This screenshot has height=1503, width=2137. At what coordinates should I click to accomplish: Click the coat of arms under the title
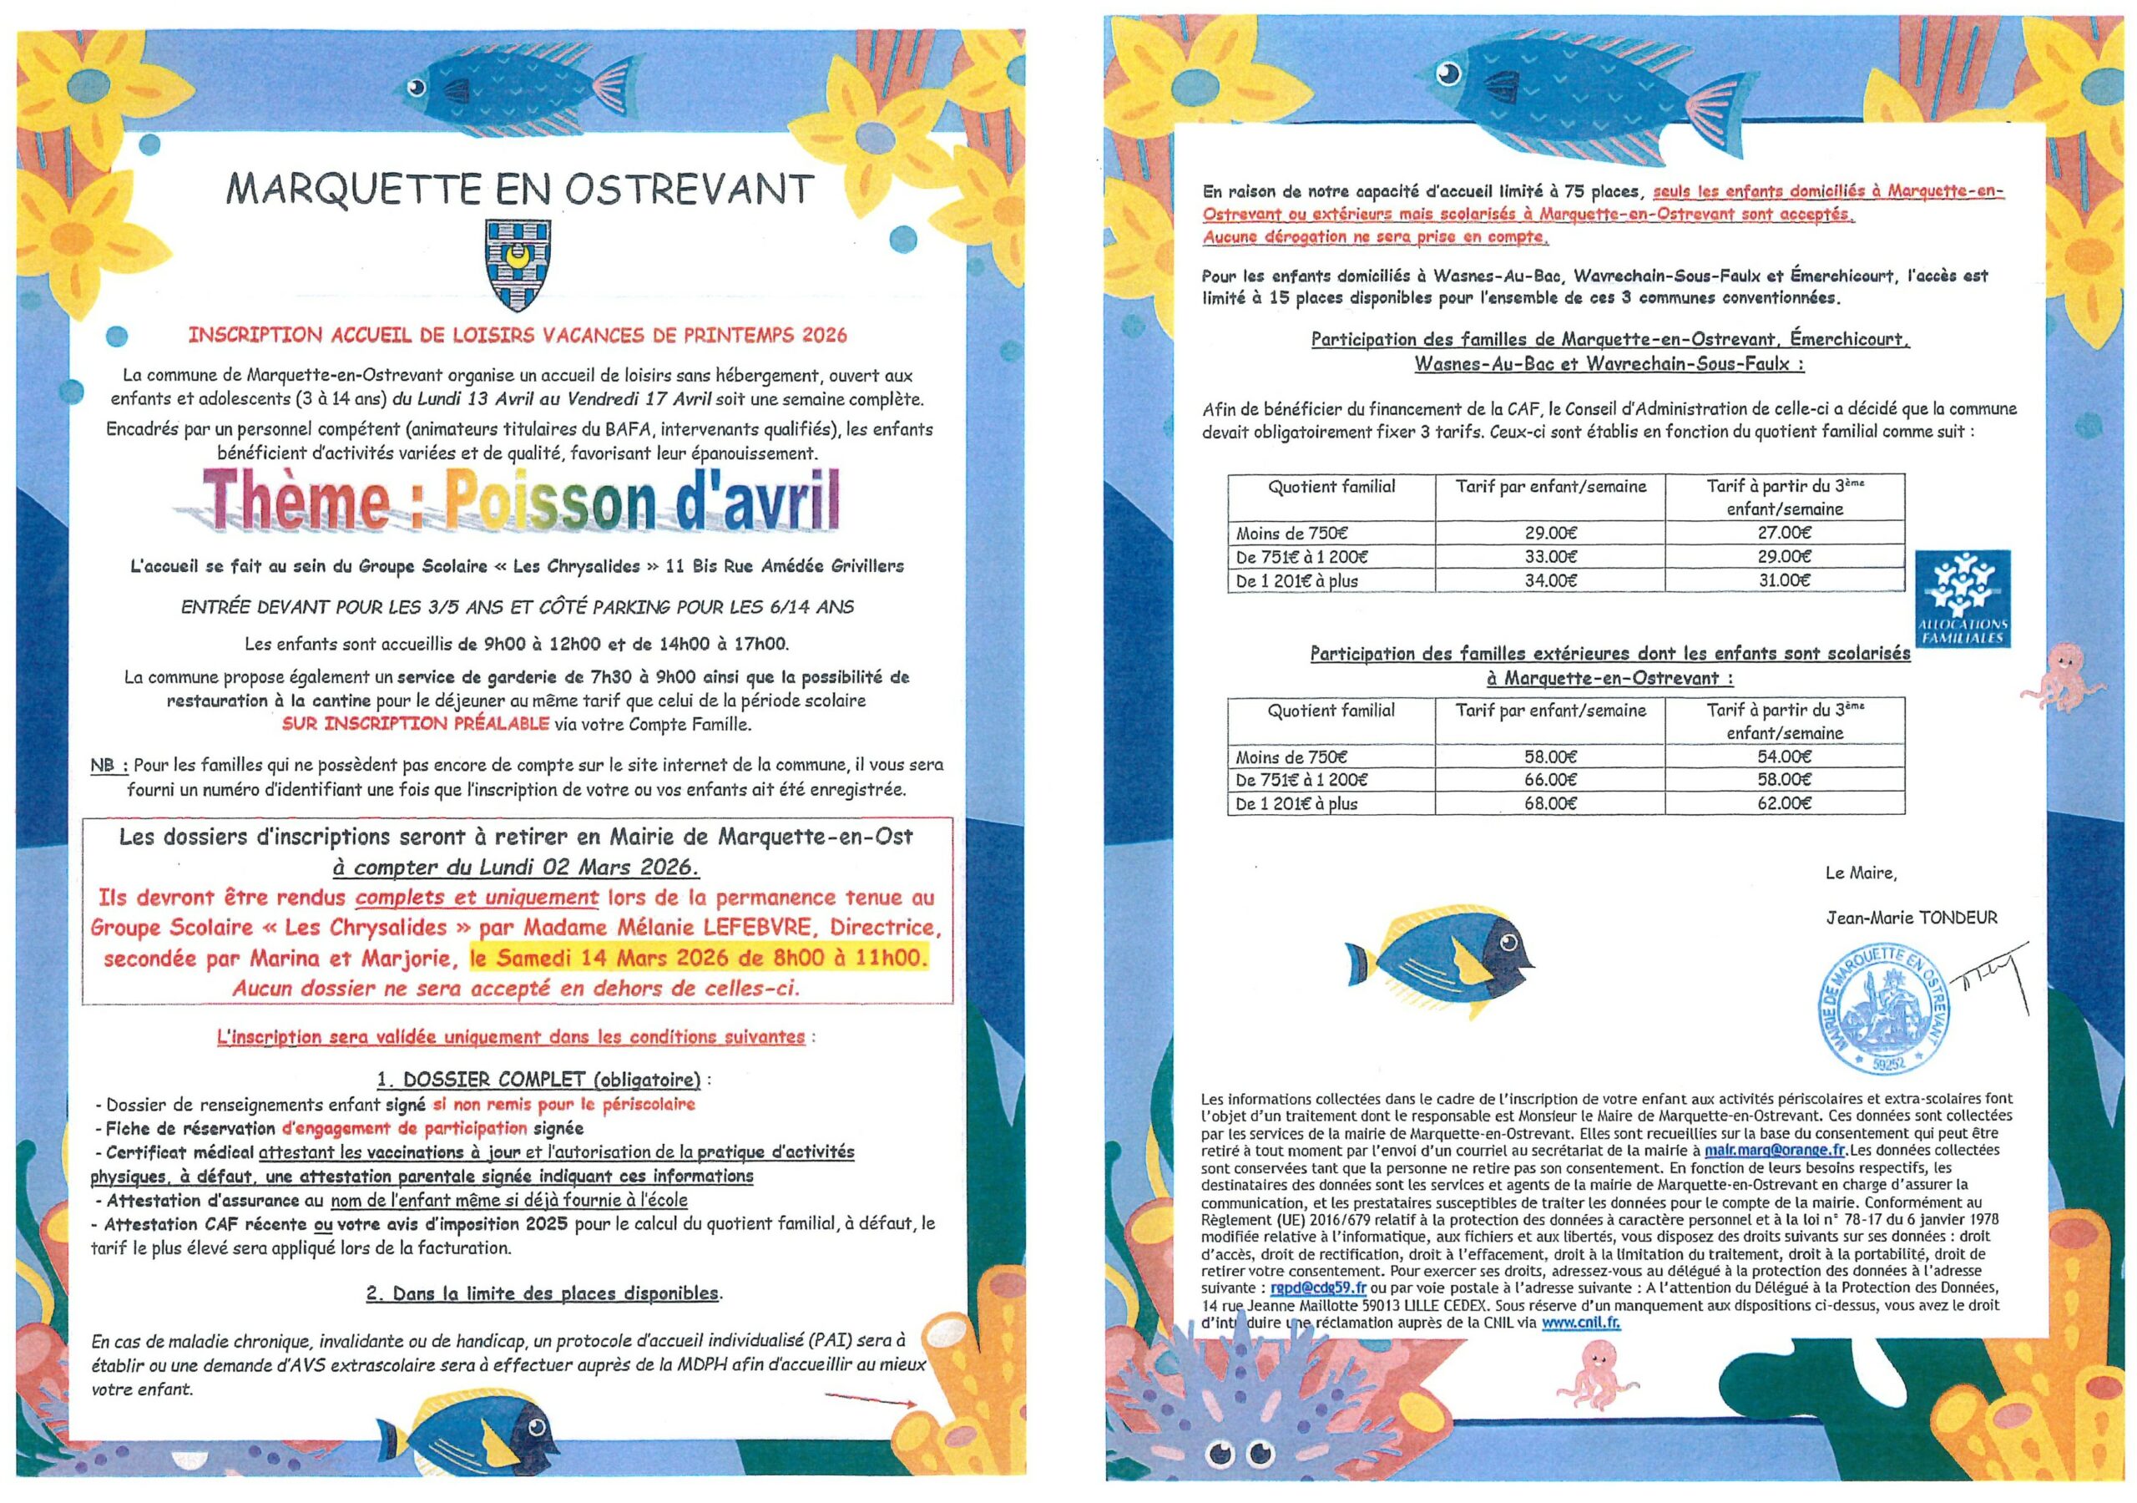510,266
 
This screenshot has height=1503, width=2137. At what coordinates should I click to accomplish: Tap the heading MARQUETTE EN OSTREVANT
520,189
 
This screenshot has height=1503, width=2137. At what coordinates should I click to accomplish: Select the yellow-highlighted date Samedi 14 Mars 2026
698,957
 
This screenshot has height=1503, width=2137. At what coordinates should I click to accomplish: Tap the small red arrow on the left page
871,1399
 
